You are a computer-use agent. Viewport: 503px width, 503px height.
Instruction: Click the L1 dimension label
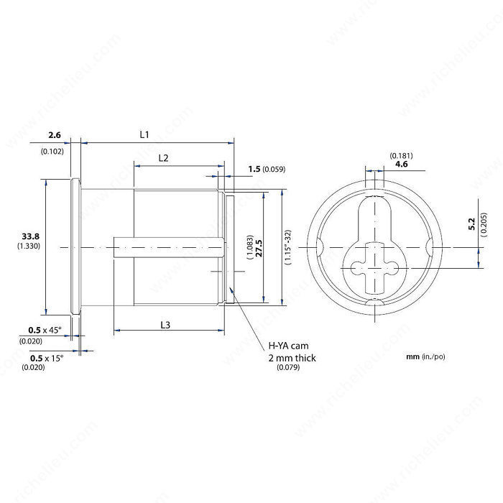click(144, 134)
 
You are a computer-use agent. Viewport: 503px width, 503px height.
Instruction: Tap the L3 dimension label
click(165, 325)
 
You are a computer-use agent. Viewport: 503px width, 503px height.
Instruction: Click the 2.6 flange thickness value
click(55, 134)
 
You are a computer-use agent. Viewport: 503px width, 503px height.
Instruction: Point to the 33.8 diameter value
click(30, 236)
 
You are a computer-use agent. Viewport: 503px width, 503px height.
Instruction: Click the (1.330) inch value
click(30, 246)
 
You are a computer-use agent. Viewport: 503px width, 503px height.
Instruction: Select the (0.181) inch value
click(400, 155)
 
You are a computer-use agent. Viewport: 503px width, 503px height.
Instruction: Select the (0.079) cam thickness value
click(288, 367)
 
